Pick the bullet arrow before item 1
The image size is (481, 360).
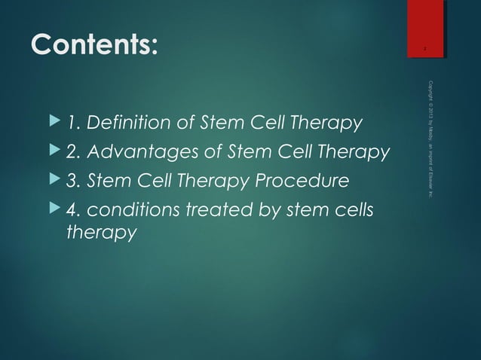53,122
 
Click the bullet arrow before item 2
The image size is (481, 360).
53,152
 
